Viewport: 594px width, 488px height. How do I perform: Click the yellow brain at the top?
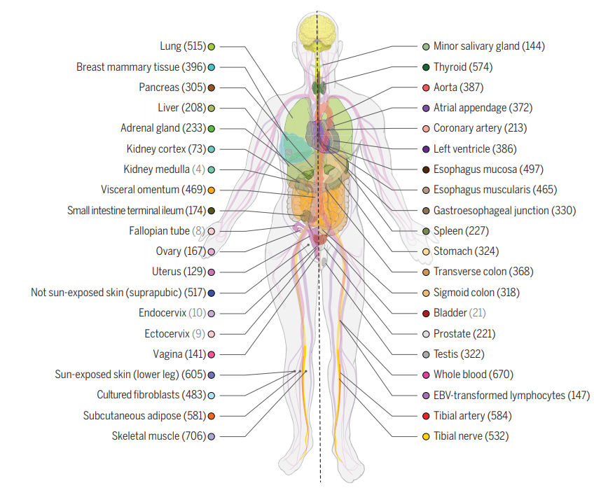coord(317,33)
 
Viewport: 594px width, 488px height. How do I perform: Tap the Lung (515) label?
coord(183,46)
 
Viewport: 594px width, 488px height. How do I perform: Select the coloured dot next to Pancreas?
coord(212,88)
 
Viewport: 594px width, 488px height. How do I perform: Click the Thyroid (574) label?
coord(463,67)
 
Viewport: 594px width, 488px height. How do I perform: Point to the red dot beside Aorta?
coord(426,88)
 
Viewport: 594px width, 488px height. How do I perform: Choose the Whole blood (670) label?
coord(473,375)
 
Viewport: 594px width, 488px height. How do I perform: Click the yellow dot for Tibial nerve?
coord(426,436)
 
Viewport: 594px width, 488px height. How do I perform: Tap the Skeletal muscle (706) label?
coord(159,436)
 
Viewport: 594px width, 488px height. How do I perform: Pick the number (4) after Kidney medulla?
coord(198,169)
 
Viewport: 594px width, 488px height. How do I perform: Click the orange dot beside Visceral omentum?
coord(212,190)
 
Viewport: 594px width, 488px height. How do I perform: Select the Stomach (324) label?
coord(466,251)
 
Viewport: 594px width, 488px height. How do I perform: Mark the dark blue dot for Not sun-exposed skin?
coord(212,293)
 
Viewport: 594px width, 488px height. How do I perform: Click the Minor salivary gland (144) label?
coord(489,46)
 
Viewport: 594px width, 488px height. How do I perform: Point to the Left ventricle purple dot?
coord(426,149)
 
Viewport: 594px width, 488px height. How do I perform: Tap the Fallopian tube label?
coord(160,230)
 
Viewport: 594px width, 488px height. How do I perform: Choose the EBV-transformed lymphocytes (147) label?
coord(511,396)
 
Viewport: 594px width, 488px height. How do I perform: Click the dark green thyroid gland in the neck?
coord(319,88)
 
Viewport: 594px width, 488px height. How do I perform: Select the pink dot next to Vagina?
coord(212,355)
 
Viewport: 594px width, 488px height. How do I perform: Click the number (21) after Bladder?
coord(477,313)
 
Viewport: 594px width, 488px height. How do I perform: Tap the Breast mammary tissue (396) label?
coord(141,67)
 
